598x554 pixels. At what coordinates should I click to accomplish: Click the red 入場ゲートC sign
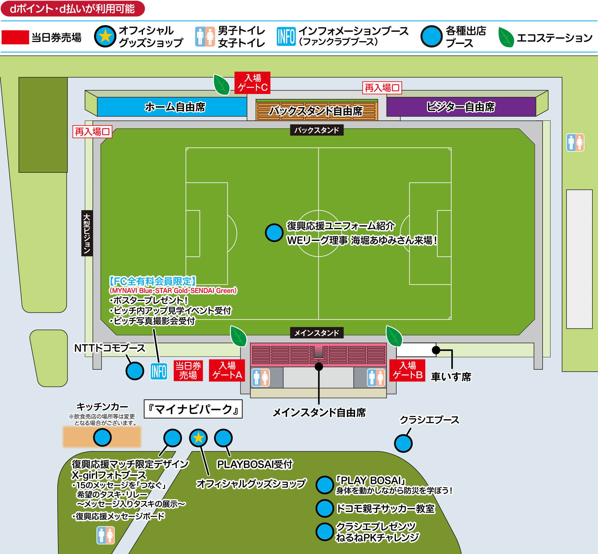(252, 83)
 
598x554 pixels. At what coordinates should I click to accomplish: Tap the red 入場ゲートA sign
(227, 370)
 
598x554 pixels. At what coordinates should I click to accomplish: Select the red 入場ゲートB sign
(407, 370)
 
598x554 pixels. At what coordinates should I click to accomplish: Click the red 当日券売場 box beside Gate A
(188, 370)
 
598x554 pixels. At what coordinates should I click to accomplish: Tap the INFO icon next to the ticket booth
(159, 371)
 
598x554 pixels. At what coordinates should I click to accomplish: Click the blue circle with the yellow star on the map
(198, 438)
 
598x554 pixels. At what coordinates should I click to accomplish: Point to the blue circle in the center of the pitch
(274, 233)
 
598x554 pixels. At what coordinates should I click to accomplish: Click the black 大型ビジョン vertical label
(87, 233)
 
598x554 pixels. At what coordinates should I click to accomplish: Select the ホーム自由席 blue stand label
(175, 107)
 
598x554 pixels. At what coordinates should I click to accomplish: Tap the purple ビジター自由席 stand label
(461, 107)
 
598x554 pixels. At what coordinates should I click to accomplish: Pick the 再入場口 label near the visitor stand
(382, 88)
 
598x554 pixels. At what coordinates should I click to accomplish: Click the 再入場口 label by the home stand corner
(92, 132)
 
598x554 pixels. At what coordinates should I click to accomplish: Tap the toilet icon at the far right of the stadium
(575, 143)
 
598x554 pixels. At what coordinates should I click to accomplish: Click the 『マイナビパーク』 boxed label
(193, 409)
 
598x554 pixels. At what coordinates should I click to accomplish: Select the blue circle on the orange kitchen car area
(102, 437)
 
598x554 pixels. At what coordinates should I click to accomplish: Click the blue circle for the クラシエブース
(403, 443)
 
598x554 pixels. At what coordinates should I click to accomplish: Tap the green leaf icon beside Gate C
(221, 84)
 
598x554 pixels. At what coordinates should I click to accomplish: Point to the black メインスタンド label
(316, 333)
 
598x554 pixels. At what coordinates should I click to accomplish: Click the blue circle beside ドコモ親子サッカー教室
(325, 508)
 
